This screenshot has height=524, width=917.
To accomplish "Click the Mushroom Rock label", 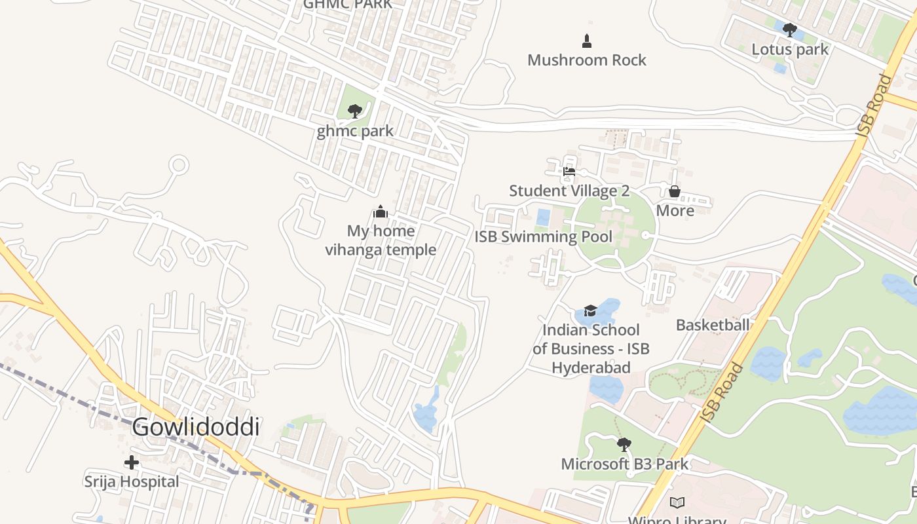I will coord(587,60).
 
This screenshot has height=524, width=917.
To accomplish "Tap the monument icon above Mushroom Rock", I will coord(587,41).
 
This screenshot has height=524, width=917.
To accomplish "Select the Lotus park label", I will coord(789,49).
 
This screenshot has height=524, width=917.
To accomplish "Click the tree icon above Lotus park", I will coord(789,30).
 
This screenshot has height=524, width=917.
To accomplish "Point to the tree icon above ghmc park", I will coord(355,111).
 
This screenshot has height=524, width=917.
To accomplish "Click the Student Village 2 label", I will coord(569,191).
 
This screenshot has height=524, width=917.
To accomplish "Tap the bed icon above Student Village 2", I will coord(569,172).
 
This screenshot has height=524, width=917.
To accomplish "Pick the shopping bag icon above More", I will coord(674,191).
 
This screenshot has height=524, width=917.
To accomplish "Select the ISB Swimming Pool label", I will coord(543,236).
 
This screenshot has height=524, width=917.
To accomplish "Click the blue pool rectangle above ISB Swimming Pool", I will coord(543,217).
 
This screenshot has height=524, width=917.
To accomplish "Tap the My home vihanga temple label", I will coord(381,240).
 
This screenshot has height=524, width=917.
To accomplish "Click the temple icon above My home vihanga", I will coord(381,212).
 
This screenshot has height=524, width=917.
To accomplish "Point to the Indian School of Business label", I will coord(591,348).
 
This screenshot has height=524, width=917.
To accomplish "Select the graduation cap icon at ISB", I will coord(590,310).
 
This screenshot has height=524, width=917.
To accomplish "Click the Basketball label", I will coord(712,325).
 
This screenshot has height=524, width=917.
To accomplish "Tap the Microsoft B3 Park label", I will coord(624,464).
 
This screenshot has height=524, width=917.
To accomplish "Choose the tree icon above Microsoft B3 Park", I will coord(624,445).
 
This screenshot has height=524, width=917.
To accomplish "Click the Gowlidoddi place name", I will coord(196,426).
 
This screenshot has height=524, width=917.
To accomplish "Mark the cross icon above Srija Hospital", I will coord(132,462).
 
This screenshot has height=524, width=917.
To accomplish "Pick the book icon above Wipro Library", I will coord(677,503).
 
